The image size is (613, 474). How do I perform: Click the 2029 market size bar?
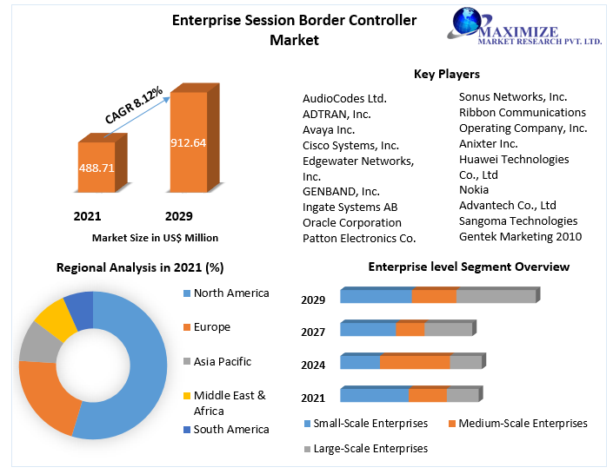[188, 143]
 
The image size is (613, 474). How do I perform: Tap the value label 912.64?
[188, 142]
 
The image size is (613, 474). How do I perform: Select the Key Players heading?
[446, 74]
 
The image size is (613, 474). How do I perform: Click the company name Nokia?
[474, 189]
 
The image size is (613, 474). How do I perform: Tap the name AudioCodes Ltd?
[344, 98]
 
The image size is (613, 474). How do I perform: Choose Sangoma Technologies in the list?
[517, 221]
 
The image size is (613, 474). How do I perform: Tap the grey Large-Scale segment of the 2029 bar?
[496, 296]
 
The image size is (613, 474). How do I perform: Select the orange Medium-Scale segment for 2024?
[415, 362]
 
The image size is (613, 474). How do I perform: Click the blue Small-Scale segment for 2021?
[374, 395]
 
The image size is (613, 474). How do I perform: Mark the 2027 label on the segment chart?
[313, 332]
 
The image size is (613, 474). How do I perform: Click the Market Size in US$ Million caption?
[155, 237]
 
